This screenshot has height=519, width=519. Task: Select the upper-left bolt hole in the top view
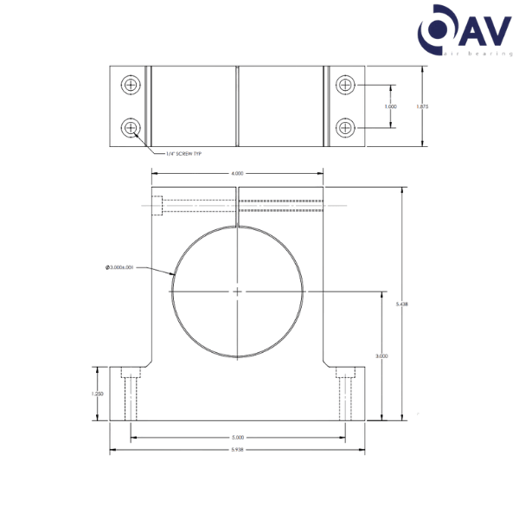point(131,85)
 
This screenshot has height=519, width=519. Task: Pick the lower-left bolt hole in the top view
point(131,128)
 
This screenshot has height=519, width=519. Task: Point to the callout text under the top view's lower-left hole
point(183,154)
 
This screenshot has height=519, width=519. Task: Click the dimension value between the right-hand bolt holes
point(389,106)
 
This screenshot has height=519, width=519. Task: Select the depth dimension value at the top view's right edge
point(421,106)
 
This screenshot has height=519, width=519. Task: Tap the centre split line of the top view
point(236,106)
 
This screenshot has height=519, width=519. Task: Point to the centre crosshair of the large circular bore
point(237,292)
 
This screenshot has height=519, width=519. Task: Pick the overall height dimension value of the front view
point(400,303)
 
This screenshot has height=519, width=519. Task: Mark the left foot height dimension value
point(98,394)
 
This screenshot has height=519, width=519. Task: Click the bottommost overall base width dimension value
point(237,450)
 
